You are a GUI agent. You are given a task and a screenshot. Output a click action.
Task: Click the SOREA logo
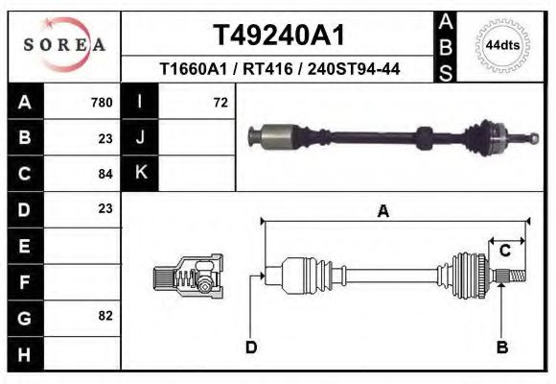pos(64,45)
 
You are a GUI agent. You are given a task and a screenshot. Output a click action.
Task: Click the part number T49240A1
pos(278,35)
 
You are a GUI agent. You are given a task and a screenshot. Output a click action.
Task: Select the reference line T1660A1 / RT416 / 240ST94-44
pos(279,69)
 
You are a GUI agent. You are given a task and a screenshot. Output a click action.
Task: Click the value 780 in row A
pos(101,103)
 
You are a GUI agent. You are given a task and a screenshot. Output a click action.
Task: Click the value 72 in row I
pos(220,103)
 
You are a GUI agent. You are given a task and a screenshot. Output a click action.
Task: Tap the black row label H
pos(24,352)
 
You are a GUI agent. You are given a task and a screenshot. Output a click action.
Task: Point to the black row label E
pos(24,245)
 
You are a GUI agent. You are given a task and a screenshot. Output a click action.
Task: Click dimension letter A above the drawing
pos(383,212)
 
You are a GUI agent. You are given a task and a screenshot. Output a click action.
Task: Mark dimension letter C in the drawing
pos(504,251)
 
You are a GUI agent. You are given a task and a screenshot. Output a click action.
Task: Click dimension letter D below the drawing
pos(251,347)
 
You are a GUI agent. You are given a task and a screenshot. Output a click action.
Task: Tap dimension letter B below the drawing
pos(501,347)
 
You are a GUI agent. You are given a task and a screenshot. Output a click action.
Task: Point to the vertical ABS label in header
pos(446,45)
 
